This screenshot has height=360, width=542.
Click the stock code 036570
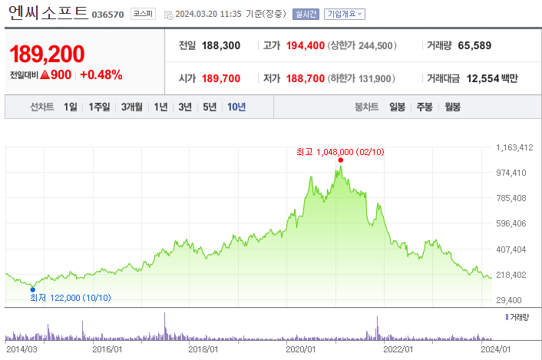click(x=107, y=15)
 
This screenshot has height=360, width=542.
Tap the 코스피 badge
click(x=144, y=14)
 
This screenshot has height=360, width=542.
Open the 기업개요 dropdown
click(x=345, y=14)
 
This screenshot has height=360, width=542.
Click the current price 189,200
click(x=47, y=54)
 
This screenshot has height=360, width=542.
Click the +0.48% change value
click(x=101, y=75)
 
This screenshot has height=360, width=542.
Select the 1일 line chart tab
click(x=70, y=107)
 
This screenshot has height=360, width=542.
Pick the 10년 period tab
click(x=236, y=107)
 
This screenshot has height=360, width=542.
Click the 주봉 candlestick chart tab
click(x=425, y=107)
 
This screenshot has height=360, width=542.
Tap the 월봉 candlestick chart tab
click(x=452, y=107)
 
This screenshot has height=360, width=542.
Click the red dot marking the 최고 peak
click(x=339, y=160)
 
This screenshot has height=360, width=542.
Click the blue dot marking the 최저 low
click(x=32, y=289)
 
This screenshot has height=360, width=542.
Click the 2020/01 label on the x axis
click(x=302, y=349)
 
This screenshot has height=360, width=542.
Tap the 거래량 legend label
click(x=521, y=316)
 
